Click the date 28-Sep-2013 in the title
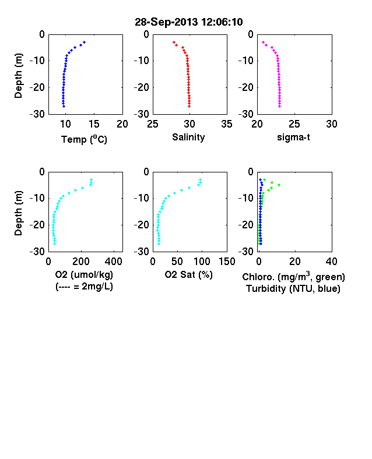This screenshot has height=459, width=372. pos(166,22)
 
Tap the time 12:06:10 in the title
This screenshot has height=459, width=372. pos(222,22)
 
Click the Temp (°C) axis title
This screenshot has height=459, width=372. pos(84,139)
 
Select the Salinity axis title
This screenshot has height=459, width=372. pos(188,137)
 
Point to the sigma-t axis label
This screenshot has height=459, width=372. pos(293,137)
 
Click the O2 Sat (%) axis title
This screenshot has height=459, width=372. pos(188,274)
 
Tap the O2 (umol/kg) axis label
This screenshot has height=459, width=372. pos(84,274)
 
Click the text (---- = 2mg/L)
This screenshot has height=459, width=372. pos(84,286)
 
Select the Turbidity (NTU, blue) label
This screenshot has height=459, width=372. pos(293,289)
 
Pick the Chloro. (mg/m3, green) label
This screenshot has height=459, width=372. pos(293,277)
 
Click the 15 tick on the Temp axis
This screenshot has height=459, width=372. pos(94,124)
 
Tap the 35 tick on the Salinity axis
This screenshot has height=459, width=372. pos(227,124)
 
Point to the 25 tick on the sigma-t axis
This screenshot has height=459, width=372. pos(294,124)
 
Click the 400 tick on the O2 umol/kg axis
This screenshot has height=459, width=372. pos(114,262)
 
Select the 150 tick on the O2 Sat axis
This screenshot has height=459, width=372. pos(227,262)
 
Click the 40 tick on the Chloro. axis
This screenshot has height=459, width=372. pos(331,262)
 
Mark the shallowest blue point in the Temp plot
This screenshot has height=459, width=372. pos(85,42)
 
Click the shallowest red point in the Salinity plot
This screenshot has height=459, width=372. pos(174,42)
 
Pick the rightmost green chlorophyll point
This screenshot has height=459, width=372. pos(279,185)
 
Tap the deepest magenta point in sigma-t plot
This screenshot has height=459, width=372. pos(280,106)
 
